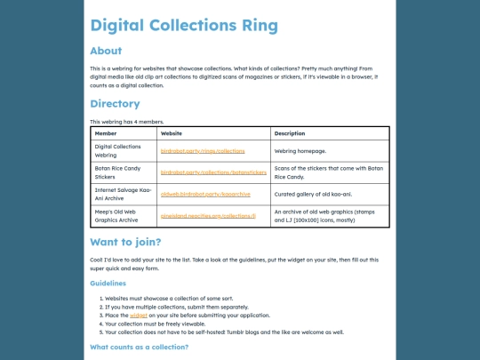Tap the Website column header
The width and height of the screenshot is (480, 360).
(x=172, y=133)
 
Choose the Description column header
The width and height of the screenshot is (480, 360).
(x=290, y=133)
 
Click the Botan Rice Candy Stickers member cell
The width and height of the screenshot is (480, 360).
(x=118, y=172)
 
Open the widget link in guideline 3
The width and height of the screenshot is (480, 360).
(x=139, y=315)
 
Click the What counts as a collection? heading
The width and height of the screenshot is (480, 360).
(x=139, y=347)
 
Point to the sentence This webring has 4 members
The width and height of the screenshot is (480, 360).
(x=127, y=121)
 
